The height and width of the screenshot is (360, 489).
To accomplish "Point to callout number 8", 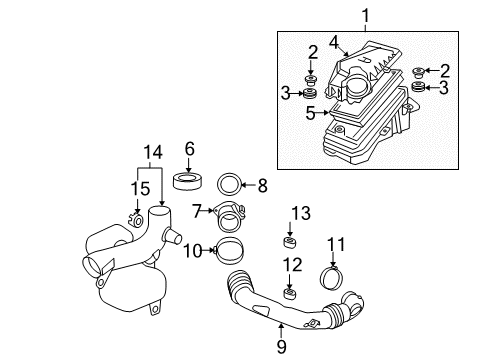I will click(x=263, y=184).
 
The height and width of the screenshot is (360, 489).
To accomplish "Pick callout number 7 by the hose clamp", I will click(x=198, y=211).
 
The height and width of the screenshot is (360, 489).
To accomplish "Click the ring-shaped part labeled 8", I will click(x=229, y=183).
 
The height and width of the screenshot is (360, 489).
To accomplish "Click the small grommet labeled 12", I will click(x=288, y=293).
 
